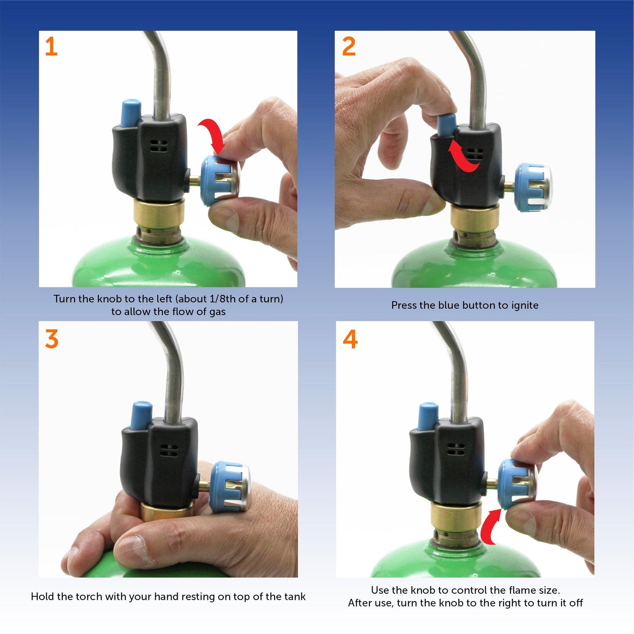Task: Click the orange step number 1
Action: pyautogui.click(x=51, y=47)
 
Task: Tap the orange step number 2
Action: pyautogui.click(x=349, y=47)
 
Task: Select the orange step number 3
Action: pyautogui.click(x=52, y=339)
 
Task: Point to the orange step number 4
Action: pyautogui.click(x=350, y=339)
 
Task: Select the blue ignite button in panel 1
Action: pyautogui.click(x=131, y=113)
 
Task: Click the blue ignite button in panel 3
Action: pyautogui.click(x=141, y=415)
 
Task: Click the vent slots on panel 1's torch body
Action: pyautogui.click(x=158, y=146)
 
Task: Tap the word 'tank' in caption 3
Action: pyautogui.click(x=295, y=597)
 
